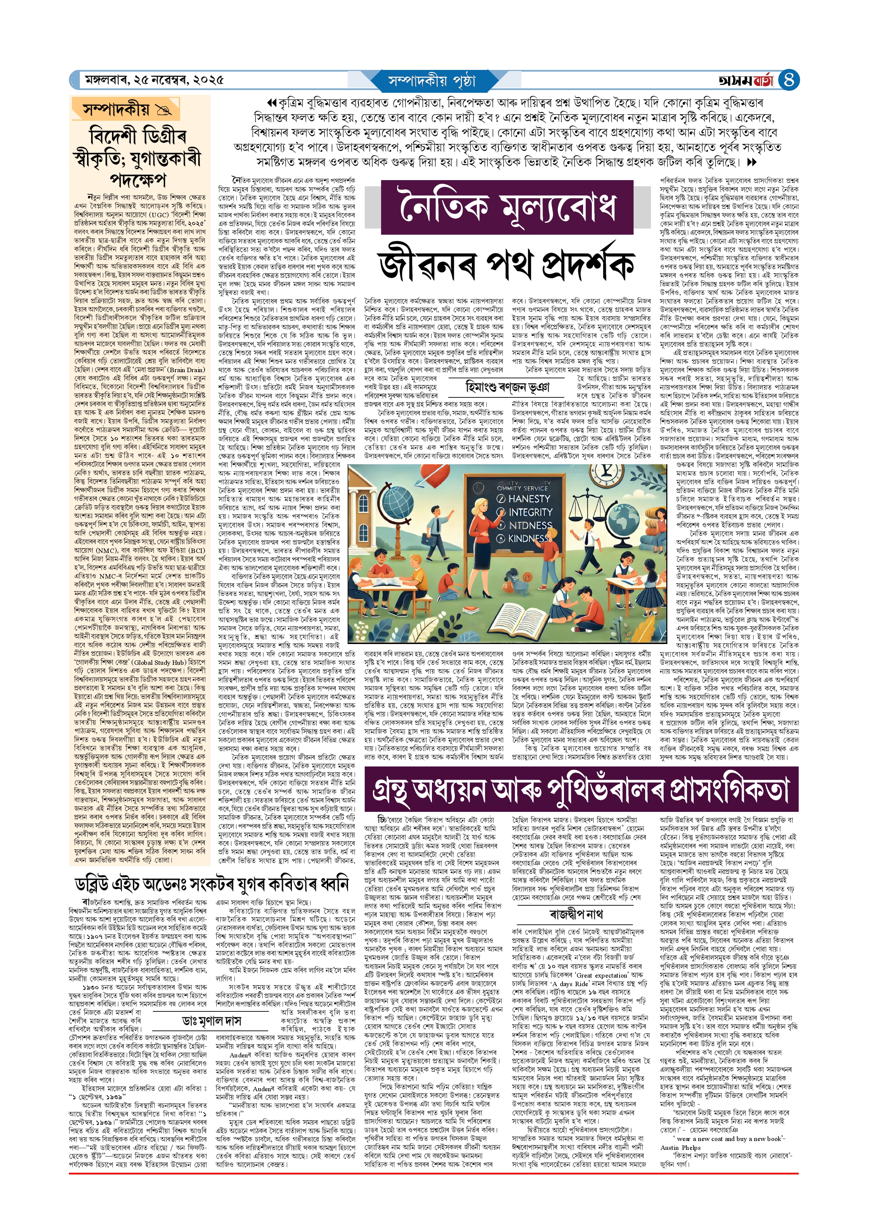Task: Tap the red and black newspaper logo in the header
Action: coord(746,81)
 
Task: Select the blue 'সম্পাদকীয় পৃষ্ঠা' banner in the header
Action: coord(431,81)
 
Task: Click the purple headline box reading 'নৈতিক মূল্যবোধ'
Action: coord(507,208)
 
